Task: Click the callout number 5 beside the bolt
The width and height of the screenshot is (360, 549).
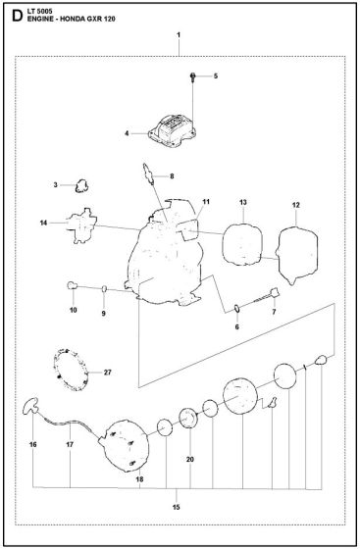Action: [216, 76]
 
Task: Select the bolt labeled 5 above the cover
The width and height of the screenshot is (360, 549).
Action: [192, 77]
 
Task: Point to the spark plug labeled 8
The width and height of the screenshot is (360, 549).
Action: [148, 173]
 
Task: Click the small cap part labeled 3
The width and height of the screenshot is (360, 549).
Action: [81, 185]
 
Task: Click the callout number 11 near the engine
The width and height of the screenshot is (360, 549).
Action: [206, 202]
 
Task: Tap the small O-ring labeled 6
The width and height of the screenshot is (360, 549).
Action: [237, 309]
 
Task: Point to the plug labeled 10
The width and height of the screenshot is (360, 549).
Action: [72, 285]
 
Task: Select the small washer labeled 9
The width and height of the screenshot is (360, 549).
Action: [104, 288]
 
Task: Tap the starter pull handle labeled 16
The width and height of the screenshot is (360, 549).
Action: [29, 405]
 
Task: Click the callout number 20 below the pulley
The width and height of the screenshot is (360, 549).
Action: [190, 459]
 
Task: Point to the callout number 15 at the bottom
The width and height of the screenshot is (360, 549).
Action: [177, 507]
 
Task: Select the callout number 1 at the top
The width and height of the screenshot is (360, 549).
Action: [179, 35]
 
